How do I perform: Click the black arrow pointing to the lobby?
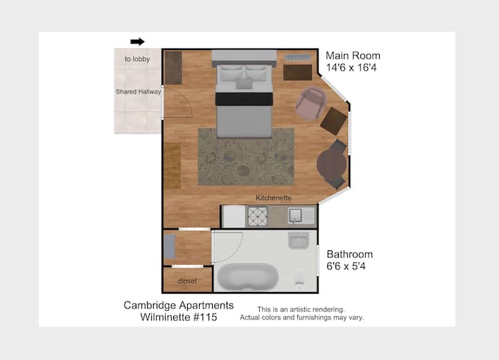tap(137, 42)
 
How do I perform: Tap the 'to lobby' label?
tap(137, 59)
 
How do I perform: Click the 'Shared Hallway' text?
tap(139, 92)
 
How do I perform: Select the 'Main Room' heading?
tap(353, 55)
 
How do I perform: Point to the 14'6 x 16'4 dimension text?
tap(351, 68)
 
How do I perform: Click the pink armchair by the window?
tap(311, 103)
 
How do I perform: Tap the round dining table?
tap(331, 164)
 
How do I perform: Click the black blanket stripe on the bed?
tap(244, 98)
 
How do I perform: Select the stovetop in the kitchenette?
tap(257, 216)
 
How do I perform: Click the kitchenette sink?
tap(296, 216)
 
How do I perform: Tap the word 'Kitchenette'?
tap(274, 198)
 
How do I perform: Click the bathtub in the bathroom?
tap(248, 277)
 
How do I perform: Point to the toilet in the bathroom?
tap(299, 278)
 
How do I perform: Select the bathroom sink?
tap(299, 240)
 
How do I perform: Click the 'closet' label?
tap(187, 281)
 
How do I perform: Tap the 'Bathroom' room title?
tap(350, 255)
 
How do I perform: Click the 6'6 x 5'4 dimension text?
tap(347, 266)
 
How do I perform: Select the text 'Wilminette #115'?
tap(179, 317)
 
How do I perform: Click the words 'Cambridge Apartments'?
tap(179, 305)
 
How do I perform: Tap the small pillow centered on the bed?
tap(244, 83)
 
